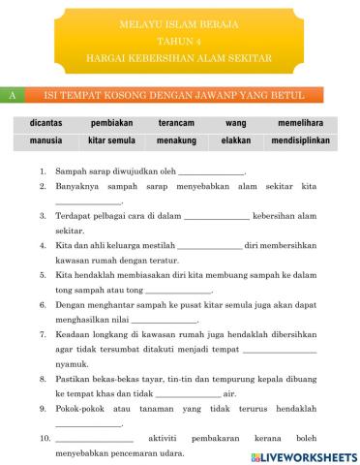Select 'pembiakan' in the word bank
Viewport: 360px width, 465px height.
click(x=111, y=124)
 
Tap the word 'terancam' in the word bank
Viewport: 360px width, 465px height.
click(x=178, y=124)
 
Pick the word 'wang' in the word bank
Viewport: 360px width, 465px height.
click(x=236, y=124)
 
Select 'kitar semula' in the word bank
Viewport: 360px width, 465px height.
click(x=111, y=141)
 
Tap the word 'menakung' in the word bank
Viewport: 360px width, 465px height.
click(x=178, y=141)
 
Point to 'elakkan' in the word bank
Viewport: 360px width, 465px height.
click(x=236, y=141)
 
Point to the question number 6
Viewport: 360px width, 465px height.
click(x=44, y=303)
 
